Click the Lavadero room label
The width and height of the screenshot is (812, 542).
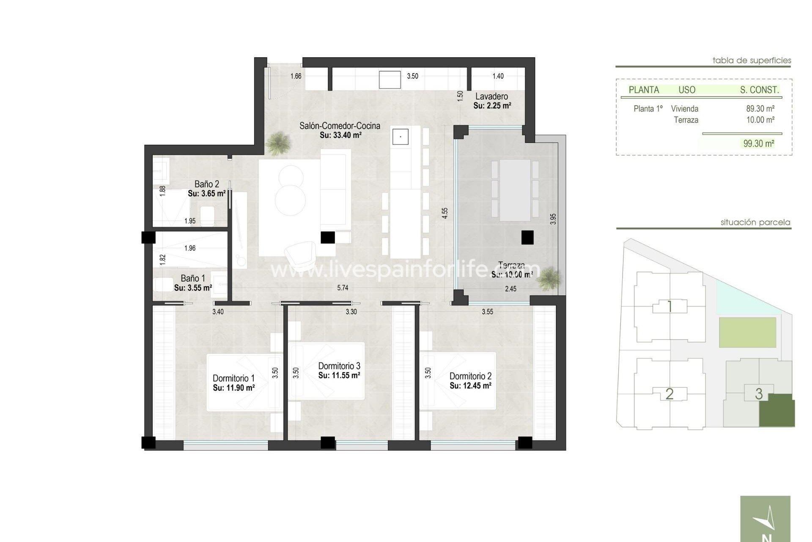(x=491, y=97)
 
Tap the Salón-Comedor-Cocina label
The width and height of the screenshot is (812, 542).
(x=340, y=126)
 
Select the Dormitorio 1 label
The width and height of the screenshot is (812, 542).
(x=233, y=378)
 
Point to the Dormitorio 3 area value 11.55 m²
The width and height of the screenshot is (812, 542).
(x=339, y=376)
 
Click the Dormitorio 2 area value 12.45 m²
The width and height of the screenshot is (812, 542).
(x=470, y=386)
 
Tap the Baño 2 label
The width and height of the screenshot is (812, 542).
(x=207, y=184)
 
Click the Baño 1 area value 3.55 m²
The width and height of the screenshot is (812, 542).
(x=193, y=288)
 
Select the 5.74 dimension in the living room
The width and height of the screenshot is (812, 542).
(x=343, y=288)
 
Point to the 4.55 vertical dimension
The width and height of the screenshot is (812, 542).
(x=444, y=213)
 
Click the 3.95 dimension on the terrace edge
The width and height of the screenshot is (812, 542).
(x=553, y=219)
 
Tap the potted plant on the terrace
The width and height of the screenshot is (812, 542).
(x=550, y=279)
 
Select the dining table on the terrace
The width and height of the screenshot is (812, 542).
(x=515, y=190)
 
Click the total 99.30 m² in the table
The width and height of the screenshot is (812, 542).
(x=759, y=144)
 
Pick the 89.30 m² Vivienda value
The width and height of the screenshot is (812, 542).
(x=760, y=109)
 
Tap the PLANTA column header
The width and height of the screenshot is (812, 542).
(x=644, y=90)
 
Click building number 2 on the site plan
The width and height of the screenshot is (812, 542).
(x=669, y=394)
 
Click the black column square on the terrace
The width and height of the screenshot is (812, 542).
(x=527, y=237)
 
